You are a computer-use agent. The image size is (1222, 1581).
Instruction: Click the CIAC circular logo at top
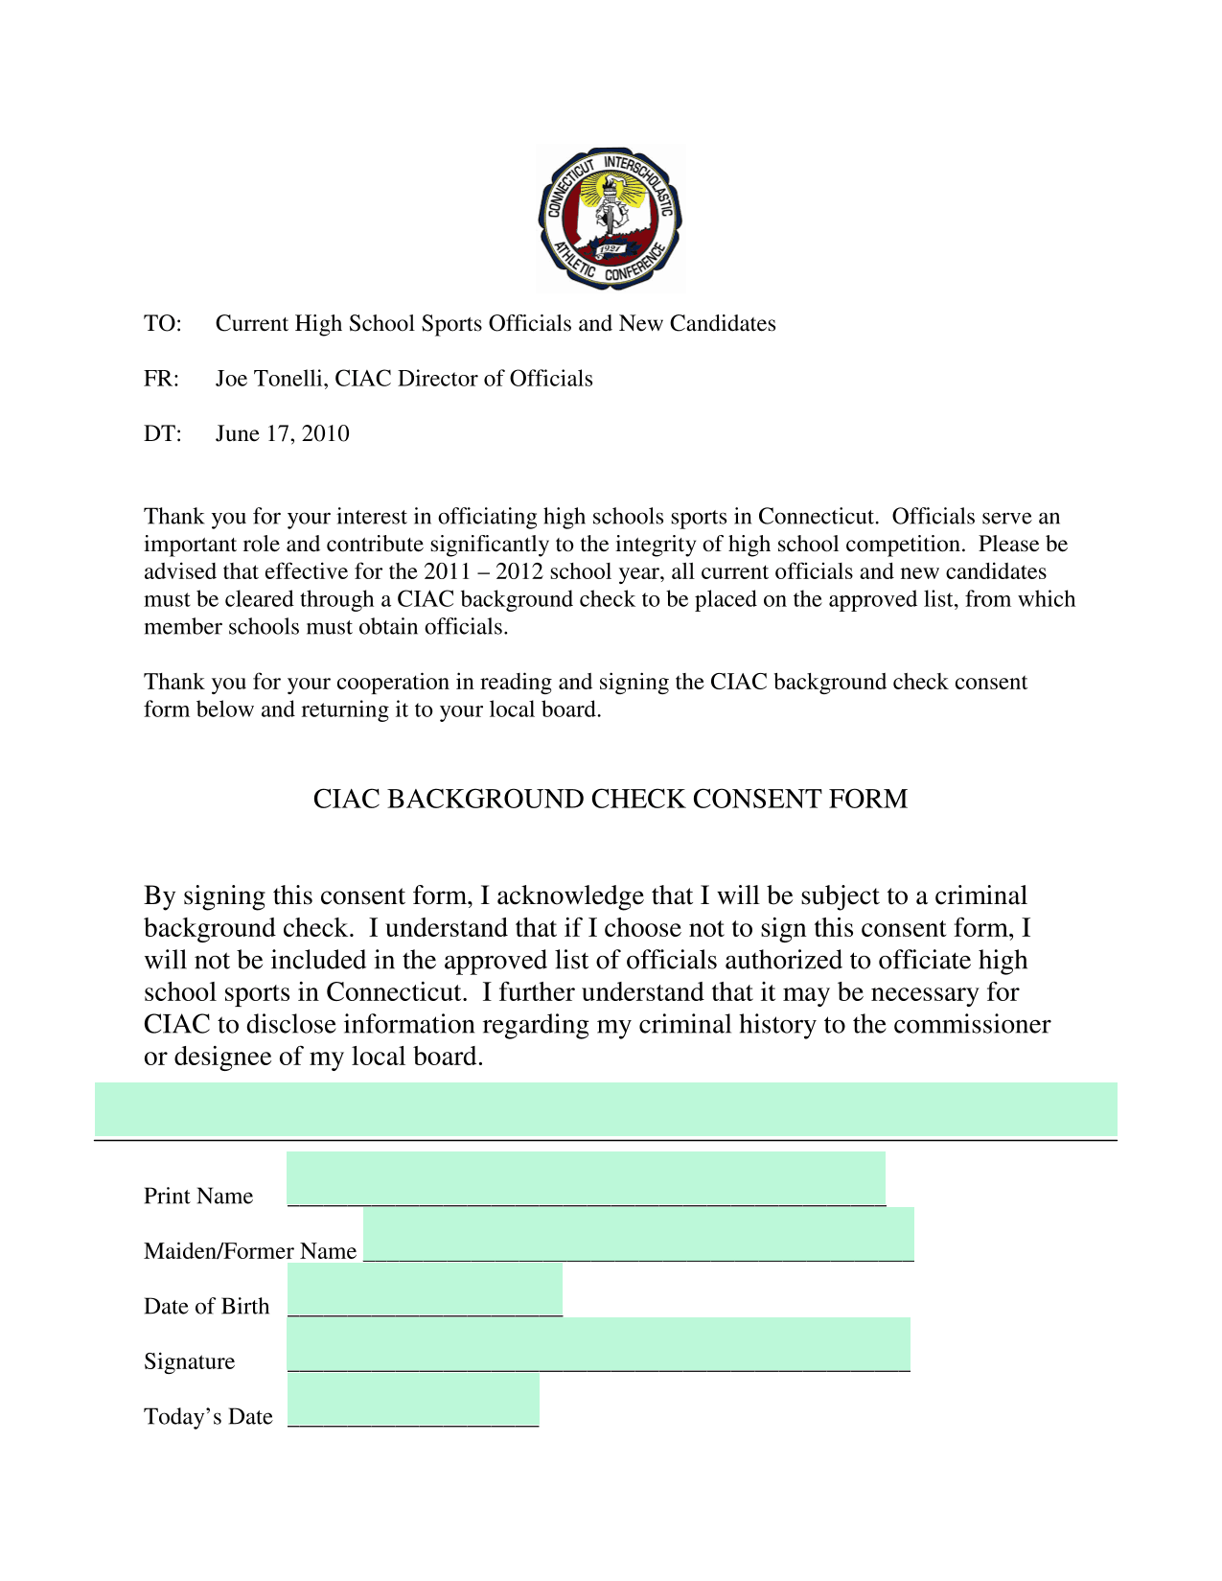(x=611, y=219)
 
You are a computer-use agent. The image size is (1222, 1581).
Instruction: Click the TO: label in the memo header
(x=162, y=324)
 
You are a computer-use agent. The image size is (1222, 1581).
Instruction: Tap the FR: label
(x=161, y=380)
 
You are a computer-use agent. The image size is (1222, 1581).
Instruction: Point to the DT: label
(x=162, y=434)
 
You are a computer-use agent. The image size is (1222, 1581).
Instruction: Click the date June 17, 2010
(x=282, y=434)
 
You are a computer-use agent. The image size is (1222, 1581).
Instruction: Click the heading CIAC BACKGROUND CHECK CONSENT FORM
(x=610, y=800)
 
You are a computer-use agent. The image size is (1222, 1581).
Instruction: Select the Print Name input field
(x=586, y=1178)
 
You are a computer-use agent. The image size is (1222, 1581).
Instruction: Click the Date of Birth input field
(x=425, y=1290)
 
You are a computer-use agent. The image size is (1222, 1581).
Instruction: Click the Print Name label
(x=198, y=1197)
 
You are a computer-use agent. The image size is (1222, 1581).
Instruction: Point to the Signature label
(x=189, y=1362)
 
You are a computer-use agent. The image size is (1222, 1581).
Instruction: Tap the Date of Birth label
(x=206, y=1307)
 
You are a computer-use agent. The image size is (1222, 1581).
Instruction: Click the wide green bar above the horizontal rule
(x=606, y=1109)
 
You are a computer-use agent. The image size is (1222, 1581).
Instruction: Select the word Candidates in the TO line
(x=723, y=324)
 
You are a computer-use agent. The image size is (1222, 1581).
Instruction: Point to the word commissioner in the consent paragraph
(x=972, y=1025)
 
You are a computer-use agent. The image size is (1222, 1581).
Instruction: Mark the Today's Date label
(x=208, y=1417)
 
